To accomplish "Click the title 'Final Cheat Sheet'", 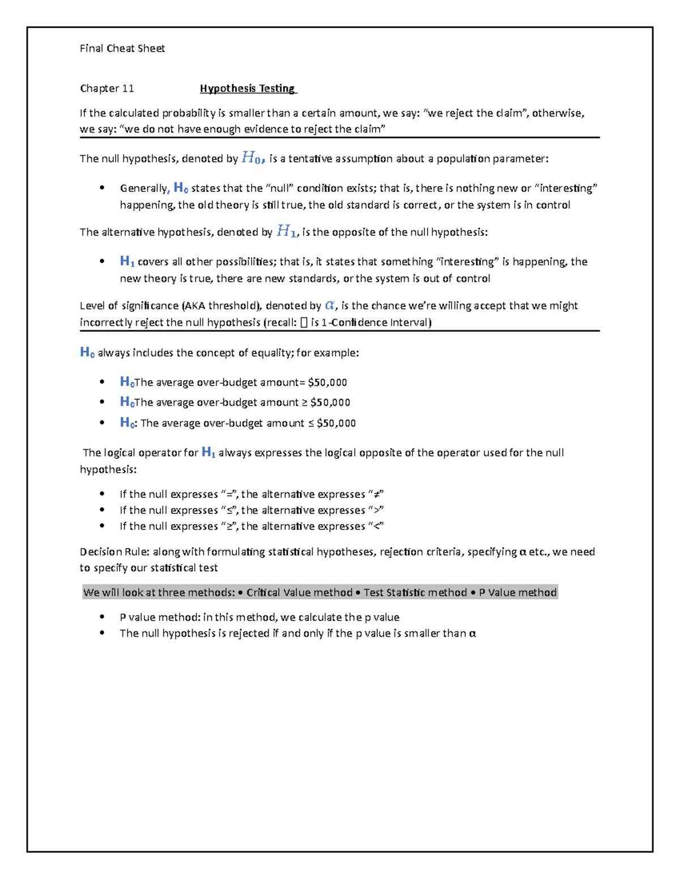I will (x=122, y=49).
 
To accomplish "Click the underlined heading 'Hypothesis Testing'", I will (x=247, y=88).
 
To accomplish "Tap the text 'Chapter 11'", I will (x=107, y=88).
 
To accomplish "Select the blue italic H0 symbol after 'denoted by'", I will (x=252, y=158).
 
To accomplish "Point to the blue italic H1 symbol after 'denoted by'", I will (x=286, y=231).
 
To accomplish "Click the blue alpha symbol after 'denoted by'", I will (x=329, y=306).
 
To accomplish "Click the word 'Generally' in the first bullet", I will (x=143, y=188).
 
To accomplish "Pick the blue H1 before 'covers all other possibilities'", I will (x=127, y=261).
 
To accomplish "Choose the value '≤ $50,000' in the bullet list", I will (x=331, y=423).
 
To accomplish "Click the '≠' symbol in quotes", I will (x=376, y=495).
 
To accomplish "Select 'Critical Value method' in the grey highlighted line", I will (x=299, y=593).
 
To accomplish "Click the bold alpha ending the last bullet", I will (x=472, y=633).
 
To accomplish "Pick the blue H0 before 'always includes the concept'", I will (x=87, y=353).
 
